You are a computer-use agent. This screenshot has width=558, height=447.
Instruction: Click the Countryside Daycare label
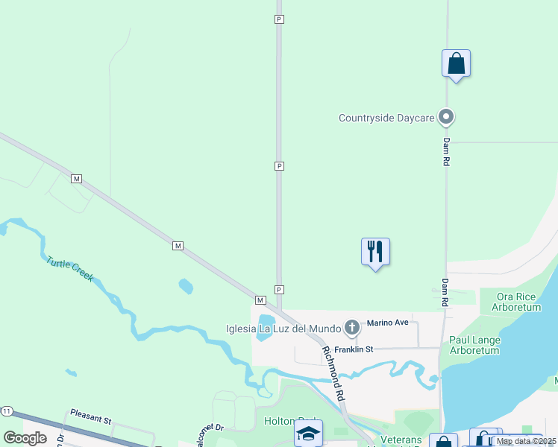coord(386,118)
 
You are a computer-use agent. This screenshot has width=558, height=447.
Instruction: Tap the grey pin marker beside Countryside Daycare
coord(447,117)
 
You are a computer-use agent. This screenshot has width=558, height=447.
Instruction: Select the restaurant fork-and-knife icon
coord(375,252)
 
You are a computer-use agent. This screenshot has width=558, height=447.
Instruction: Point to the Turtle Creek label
coord(69,269)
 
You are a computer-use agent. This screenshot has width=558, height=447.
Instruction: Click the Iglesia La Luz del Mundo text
coord(283,329)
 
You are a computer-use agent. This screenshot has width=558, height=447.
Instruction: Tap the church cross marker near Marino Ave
coord(352,327)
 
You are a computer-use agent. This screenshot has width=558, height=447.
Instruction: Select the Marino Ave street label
coord(388,323)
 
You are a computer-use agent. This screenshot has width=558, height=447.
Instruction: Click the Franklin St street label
coord(354,349)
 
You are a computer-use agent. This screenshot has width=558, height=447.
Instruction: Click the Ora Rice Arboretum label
coord(518,302)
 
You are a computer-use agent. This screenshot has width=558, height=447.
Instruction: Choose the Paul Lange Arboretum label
coord(475,346)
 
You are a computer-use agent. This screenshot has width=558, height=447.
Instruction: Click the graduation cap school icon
coord(308,433)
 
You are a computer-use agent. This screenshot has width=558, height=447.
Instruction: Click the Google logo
coord(25,438)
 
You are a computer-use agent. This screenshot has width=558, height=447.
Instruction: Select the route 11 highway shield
coord(7,411)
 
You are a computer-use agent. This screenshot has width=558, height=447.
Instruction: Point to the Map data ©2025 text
coord(526,441)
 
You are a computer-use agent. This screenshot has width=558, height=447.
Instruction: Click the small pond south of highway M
coord(186,285)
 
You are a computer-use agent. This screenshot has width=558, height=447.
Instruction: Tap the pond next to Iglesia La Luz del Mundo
coord(265,329)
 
